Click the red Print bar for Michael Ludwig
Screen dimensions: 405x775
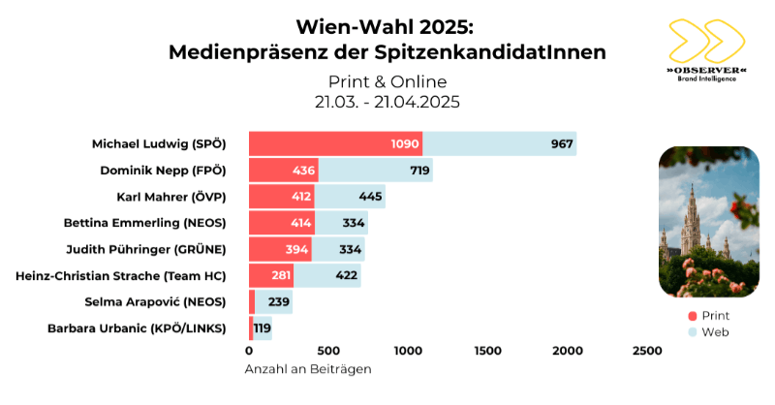pyautogui.click(x=334, y=143)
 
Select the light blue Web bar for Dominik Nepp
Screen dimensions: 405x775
pyautogui.click(x=376, y=171)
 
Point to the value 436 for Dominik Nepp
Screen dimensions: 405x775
pyautogui.click(x=300, y=171)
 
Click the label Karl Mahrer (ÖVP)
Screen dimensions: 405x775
pyautogui.click(x=170, y=198)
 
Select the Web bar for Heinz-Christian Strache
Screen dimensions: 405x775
pyautogui.click(x=327, y=276)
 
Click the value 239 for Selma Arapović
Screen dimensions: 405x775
pyautogui.click(x=279, y=302)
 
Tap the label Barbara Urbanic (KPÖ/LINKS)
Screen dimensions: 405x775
pyautogui.click(x=137, y=328)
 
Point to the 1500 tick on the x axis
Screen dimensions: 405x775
pyautogui.click(x=486, y=350)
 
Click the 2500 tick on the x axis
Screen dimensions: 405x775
pyautogui.click(x=646, y=350)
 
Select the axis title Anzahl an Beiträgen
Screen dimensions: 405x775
pyautogui.click(x=308, y=368)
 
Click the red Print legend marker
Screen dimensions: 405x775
pyautogui.click(x=693, y=316)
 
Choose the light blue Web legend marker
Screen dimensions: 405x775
pyautogui.click(x=693, y=331)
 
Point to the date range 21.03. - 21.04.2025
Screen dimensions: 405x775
pyautogui.click(x=387, y=101)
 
